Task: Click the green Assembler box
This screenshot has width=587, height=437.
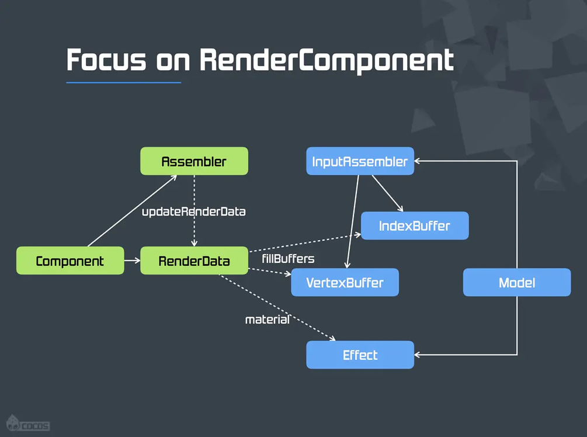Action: click(x=194, y=161)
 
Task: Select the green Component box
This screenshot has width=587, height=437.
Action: click(x=70, y=261)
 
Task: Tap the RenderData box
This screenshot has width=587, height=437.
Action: click(x=194, y=261)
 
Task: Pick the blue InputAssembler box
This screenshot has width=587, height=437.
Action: click(x=360, y=161)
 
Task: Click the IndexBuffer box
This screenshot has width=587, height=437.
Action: click(x=415, y=226)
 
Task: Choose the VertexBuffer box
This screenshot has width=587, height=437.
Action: click(x=345, y=283)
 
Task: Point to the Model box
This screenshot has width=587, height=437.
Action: click(x=517, y=283)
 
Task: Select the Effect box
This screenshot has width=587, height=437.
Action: click(x=360, y=355)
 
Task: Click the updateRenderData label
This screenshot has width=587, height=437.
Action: click(x=194, y=211)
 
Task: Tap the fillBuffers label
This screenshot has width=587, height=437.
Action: click(x=289, y=258)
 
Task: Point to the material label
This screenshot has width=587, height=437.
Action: click(x=267, y=320)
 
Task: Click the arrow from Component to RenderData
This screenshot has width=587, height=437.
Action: click(x=132, y=261)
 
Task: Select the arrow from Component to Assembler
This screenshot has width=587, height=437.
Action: click(x=131, y=211)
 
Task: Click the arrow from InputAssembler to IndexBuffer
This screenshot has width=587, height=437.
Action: click(x=387, y=193)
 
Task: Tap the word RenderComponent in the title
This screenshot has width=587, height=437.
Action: click(x=327, y=60)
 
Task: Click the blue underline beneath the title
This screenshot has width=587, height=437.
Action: click(x=123, y=82)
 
